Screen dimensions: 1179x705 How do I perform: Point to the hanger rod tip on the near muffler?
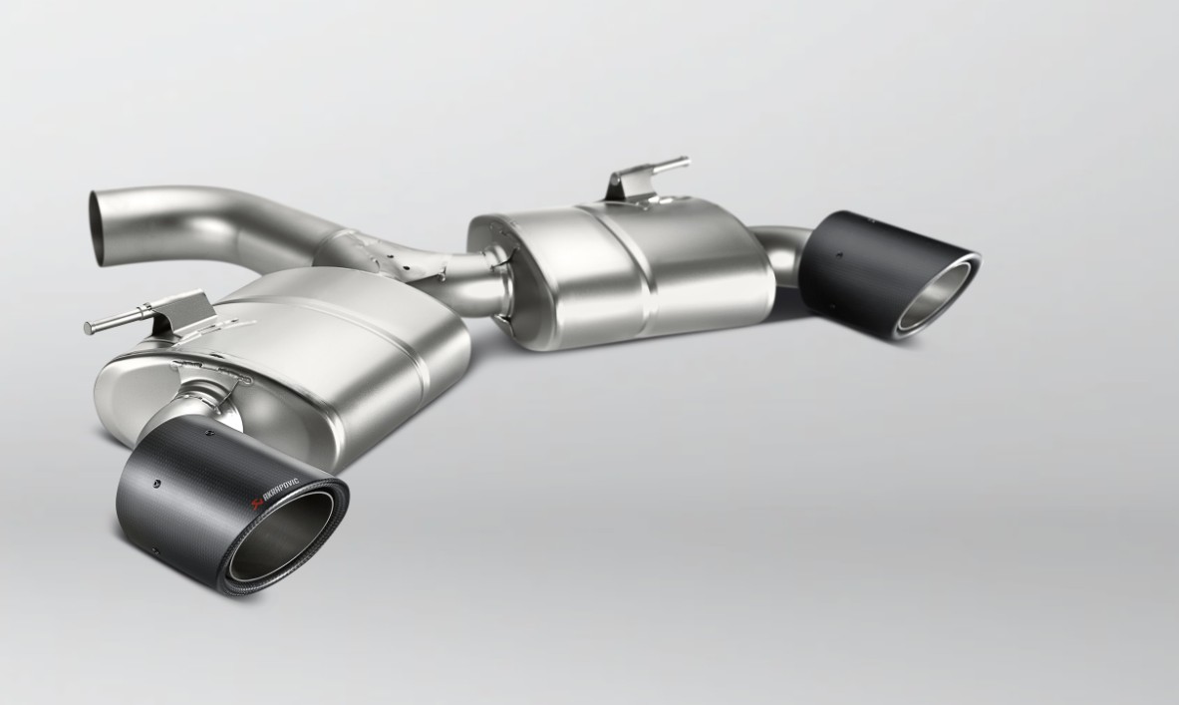[x=89, y=326]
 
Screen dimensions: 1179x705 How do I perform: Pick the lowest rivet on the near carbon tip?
[x=154, y=547]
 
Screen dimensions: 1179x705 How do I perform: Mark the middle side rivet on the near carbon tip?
[x=156, y=484]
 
